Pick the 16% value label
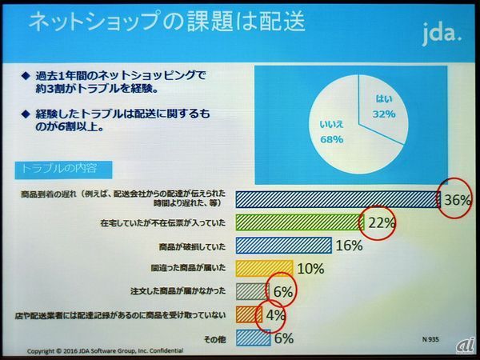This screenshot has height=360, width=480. [350, 246]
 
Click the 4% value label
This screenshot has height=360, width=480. [275, 314]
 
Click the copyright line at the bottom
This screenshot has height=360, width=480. [104, 350]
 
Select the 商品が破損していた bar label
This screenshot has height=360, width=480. [193, 246]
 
